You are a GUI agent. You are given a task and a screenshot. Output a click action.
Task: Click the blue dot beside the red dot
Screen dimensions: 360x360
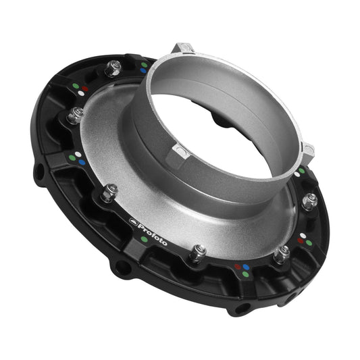pos(246,267)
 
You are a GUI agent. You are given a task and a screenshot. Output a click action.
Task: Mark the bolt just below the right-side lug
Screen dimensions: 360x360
pos(309,201)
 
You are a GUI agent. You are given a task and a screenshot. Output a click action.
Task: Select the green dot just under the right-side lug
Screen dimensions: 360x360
pos(301,171)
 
